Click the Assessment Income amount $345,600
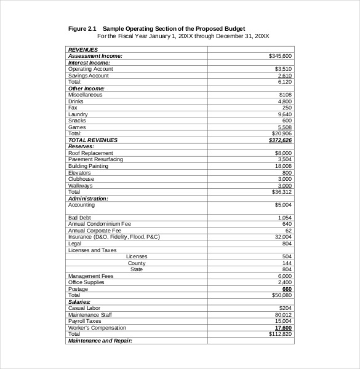281,56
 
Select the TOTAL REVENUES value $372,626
281,140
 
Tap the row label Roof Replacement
90,153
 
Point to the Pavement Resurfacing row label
95,159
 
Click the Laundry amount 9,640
285,114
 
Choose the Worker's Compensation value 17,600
283,328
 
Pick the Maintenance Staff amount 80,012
283,315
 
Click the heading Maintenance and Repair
100,341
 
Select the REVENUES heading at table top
83,50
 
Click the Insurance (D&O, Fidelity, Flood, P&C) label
114,237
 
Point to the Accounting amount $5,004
283,205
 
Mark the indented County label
137,263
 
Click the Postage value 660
287,289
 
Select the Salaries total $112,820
281,334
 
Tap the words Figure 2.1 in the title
82,28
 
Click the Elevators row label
79,173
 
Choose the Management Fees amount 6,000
285,276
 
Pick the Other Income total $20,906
282,133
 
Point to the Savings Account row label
88,76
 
